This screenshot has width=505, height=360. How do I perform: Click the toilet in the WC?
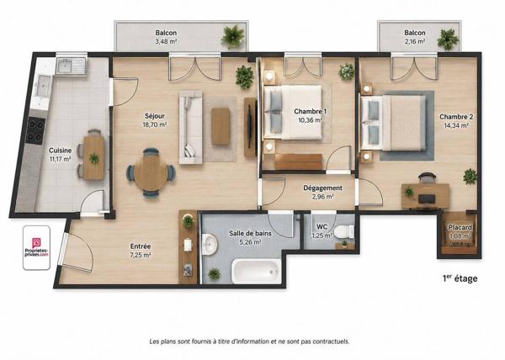(x=344, y=231)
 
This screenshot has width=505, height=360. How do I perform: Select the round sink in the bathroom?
(x=210, y=244)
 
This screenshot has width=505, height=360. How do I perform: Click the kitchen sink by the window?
(x=72, y=67)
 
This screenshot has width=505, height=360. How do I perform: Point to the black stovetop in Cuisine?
(x=35, y=130)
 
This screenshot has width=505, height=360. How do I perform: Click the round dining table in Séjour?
(x=151, y=173)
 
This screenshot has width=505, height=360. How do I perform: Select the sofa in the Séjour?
(x=191, y=127)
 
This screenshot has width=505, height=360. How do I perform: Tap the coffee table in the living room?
(x=221, y=126)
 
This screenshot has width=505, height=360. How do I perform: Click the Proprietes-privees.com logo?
(x=36, y=247)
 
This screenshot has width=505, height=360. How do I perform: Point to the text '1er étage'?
(x=460, y=278)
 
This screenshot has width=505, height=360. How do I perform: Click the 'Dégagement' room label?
(x=322, y=188)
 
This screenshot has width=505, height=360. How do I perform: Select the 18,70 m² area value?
(x=155, y=124)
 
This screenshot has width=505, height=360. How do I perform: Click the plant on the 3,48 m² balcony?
(x=232, y=36)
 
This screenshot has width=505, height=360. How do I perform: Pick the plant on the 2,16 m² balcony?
(x=448, y=40)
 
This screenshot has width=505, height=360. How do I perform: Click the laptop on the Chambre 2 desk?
(x=427, y=199)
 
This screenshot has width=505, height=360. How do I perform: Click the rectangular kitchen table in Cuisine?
(x=94, y=157)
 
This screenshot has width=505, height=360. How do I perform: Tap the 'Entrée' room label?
(x=141, y=246)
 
